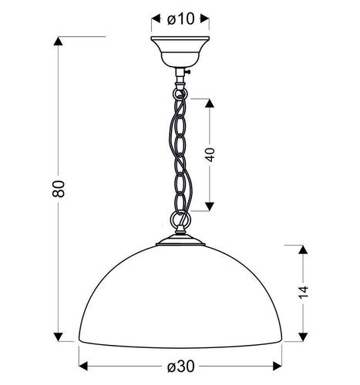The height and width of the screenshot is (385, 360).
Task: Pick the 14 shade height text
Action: tap(304, 291)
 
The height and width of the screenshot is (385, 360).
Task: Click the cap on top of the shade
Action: tap(180, 245)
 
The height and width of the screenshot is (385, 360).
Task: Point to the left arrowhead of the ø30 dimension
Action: tap(83, 365)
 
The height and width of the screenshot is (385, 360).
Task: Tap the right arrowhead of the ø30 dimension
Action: tap(278, 365)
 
